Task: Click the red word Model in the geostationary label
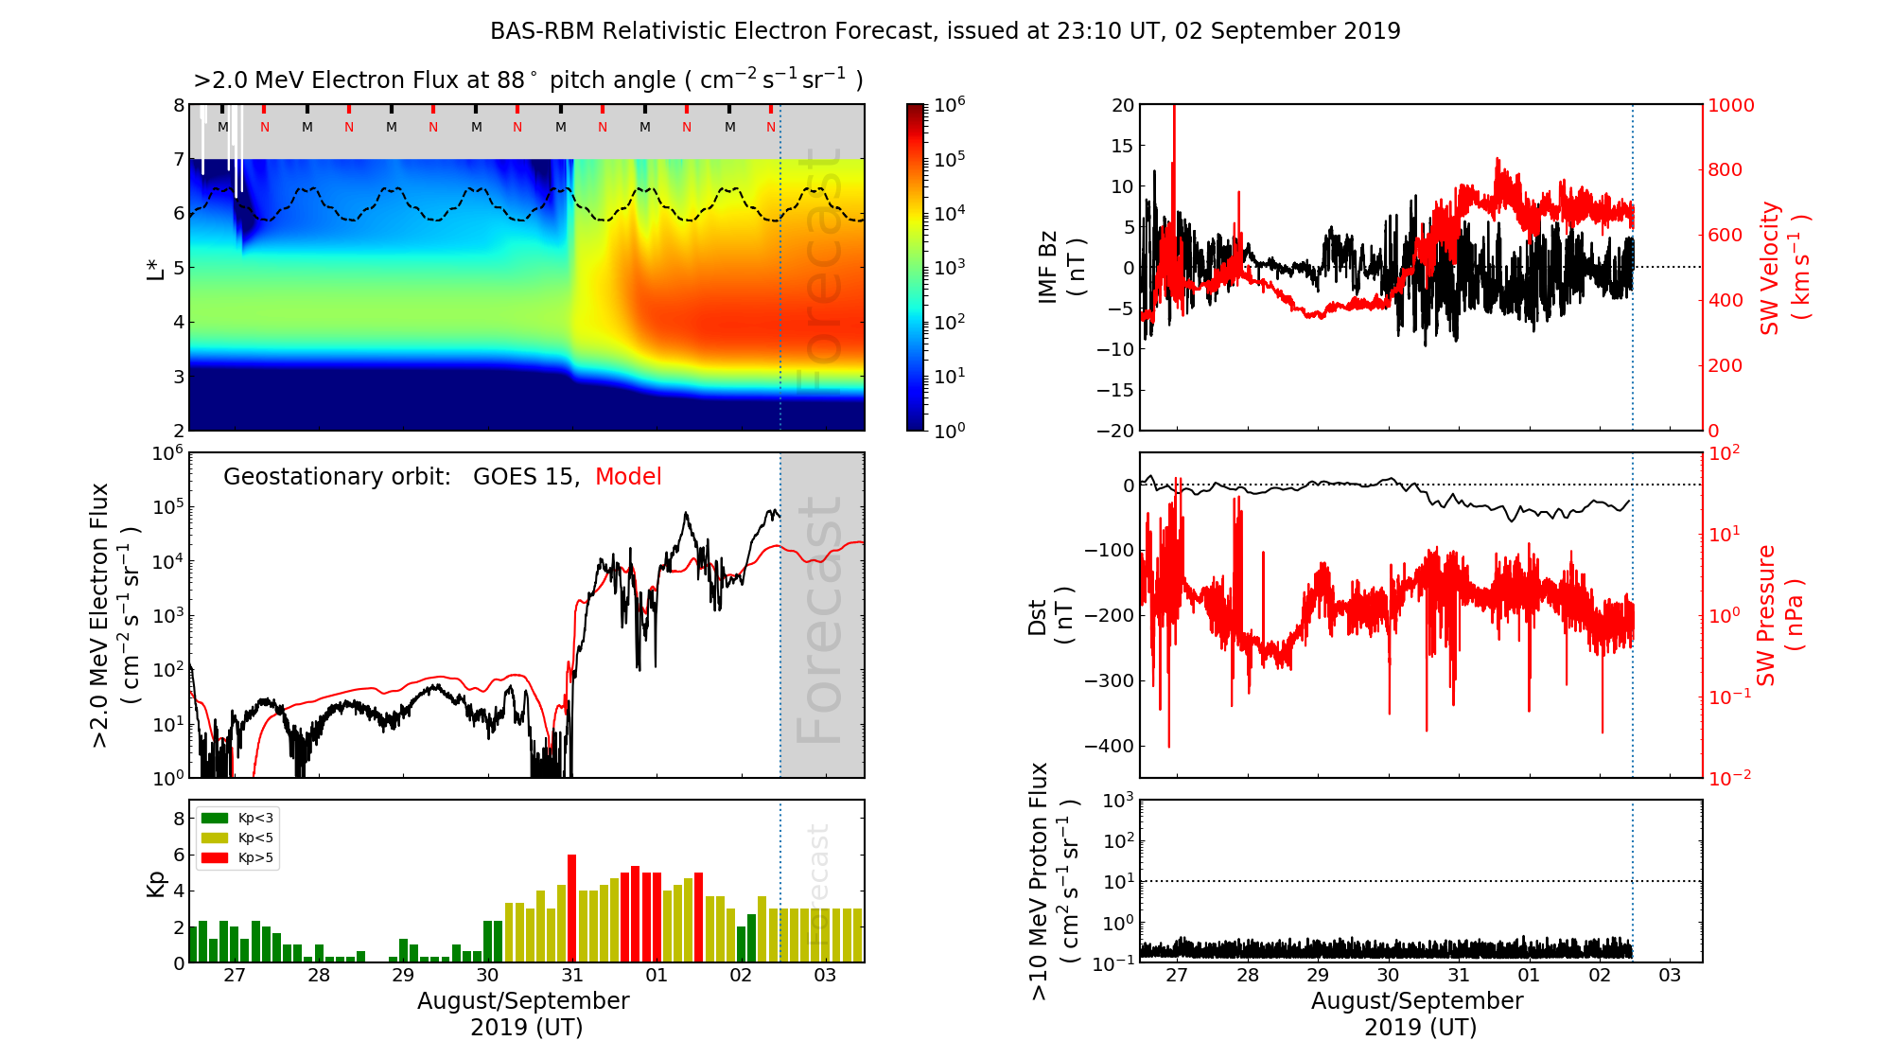(x=628, y=477)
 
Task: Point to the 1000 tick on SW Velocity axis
(x=1730, y=105)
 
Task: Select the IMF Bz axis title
(x=1061, y=267)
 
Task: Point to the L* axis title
(x=155, y=268)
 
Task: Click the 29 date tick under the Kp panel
(x=403, y=976)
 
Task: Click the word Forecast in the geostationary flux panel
(x=819, y=620)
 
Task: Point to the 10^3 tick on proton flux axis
(x=1117, y=801)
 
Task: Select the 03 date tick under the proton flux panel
(x=1670, y=976)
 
